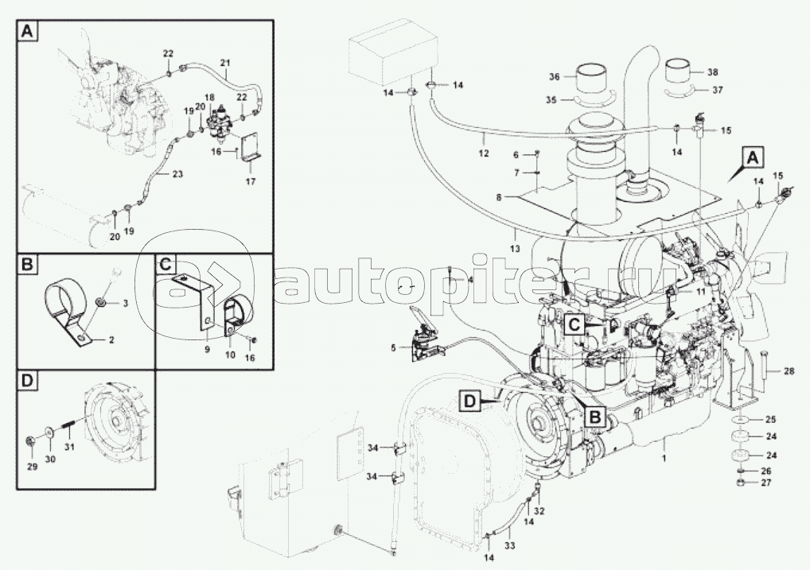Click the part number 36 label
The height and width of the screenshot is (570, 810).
click(x=555, y=77)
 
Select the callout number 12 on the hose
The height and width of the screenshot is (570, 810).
click(x=484, y=154)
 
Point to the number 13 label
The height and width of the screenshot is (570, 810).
click(x=515, y=249)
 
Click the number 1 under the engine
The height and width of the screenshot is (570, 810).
click(x=665, y=458)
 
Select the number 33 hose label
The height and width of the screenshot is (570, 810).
click(x=508, y=545)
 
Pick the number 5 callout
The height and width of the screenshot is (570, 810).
click(x=394, y=348)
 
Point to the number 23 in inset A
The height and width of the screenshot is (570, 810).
click(x=177, y=174)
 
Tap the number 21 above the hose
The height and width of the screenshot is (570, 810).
click(x=224, y=63)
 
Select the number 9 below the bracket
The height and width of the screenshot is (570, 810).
click(x=207, y=350)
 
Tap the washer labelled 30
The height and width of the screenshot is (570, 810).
click(x=50, y=432)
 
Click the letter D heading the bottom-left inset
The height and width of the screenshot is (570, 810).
click(x=27, y=381)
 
